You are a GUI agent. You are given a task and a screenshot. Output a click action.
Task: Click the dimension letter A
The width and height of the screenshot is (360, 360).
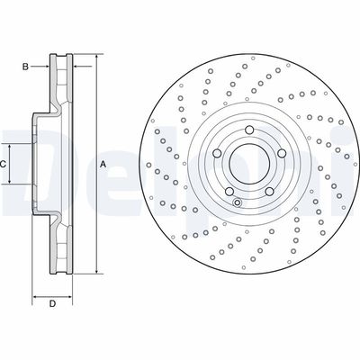point(103,163)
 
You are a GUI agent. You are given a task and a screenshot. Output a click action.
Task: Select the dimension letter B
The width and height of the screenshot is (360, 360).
point(25,66)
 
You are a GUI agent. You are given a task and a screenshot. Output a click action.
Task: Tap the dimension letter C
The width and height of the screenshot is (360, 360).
point(4,163)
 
